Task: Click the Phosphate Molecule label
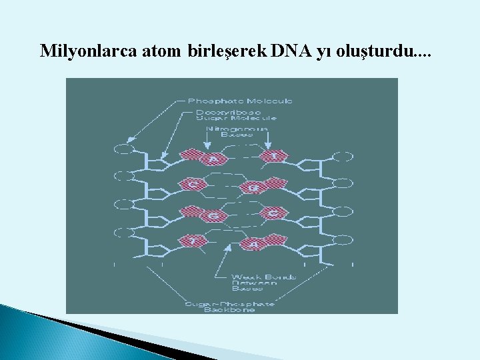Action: pos(239,101)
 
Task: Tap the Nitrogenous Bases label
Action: pos(237,131)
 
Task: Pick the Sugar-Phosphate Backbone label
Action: pos(230,307)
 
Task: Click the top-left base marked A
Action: pos(213,159)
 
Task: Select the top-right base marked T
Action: pos(273,157)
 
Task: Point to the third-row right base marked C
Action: pos(273,213)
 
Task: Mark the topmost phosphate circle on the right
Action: pos(343,157)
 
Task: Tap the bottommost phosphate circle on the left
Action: pos(124,233)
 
